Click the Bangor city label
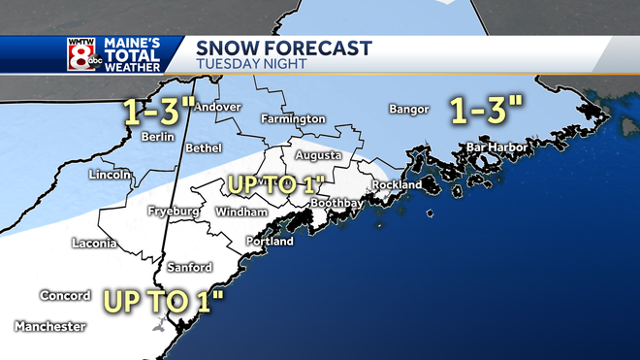tap(408, 109)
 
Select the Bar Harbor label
tap(496, 147)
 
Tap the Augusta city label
tap(319, 155)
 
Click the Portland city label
tap(270, 242)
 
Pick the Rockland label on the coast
tap(398, 184)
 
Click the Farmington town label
tap(293, 118)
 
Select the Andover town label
tap(216, 107)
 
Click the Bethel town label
tap(204, 148)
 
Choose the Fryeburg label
tap(174, 212)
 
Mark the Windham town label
tap(236, 212)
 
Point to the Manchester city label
tap(49, 327)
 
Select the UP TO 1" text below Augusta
tap(273, 182)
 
